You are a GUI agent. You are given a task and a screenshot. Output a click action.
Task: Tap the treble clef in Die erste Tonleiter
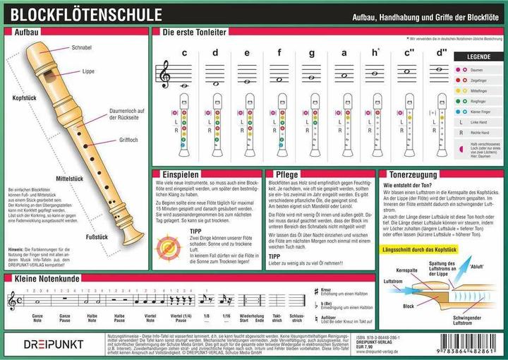pyautogui.click(x=166, y=73)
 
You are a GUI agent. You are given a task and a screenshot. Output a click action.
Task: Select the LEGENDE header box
pyautogui.click(x=478, y=56)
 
